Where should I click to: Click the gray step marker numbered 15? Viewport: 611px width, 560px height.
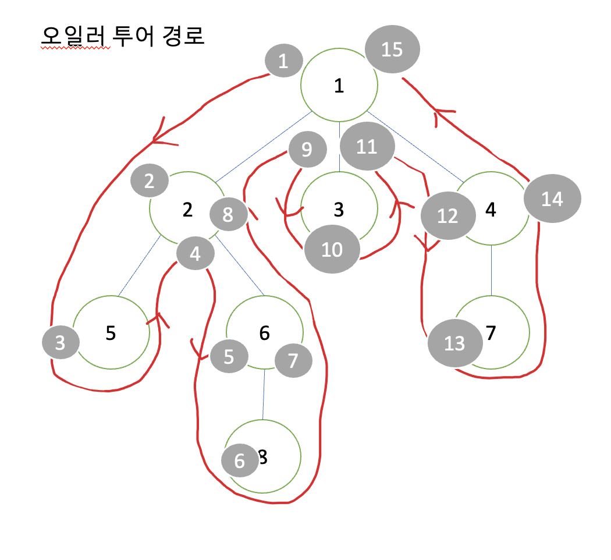(392, 49)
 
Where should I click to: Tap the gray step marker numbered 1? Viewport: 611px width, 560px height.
(283, 61)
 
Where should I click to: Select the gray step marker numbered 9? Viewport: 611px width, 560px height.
(307, 150)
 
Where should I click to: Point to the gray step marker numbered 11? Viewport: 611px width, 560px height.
(367, 147)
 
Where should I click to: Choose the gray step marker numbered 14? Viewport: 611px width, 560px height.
(552, 200)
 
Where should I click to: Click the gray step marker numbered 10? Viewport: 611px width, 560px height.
(332, 250)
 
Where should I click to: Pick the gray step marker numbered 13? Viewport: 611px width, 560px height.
(454, 343)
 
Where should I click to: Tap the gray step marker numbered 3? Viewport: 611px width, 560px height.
(61, 343)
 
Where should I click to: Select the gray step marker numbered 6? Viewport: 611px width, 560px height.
(240, 462)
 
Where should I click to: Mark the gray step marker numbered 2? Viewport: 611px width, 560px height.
(149, 182)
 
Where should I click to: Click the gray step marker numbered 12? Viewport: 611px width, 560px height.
(447, 216)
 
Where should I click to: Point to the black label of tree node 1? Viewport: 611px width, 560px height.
(339, 86)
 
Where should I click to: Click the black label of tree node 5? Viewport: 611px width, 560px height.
(111, 332)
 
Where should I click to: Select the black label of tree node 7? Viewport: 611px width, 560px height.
(491, 333)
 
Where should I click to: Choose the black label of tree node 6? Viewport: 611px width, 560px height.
(264, 332)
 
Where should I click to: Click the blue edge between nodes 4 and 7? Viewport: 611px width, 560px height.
(492, 271)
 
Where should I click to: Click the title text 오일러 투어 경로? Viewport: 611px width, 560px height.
(122, 37)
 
